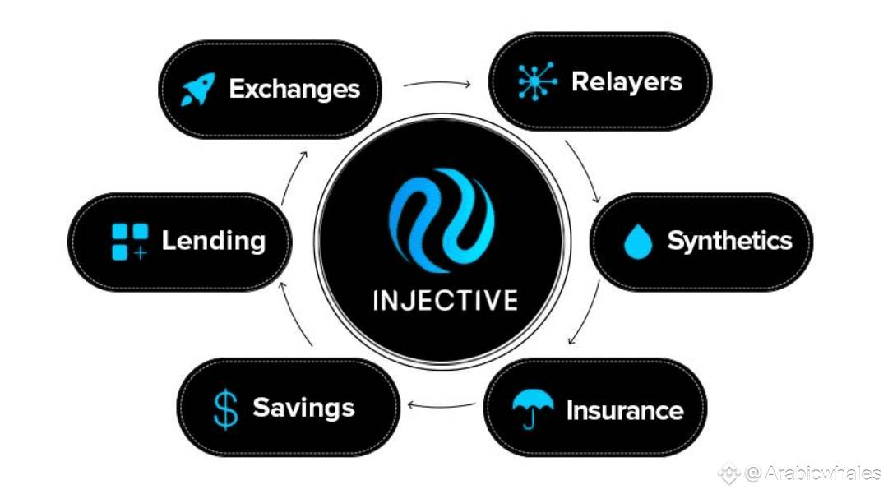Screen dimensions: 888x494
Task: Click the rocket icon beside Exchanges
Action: point(197,89)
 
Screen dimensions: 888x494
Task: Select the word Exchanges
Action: point(294,89)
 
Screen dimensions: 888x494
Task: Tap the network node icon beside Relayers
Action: point(537,82)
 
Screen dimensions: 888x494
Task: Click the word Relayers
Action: point(627,82)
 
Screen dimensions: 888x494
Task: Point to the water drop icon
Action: point(638,242)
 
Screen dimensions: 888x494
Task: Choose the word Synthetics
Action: point(729,241)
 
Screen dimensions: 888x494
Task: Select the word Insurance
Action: point(625,409)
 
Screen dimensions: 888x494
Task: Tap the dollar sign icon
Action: point(224,409)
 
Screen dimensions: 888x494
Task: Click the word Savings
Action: point(303,408)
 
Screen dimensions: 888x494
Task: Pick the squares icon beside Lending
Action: point(130,242)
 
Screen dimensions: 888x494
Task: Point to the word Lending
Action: point(213,241)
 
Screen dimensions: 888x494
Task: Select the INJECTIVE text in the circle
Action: point(445,299)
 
